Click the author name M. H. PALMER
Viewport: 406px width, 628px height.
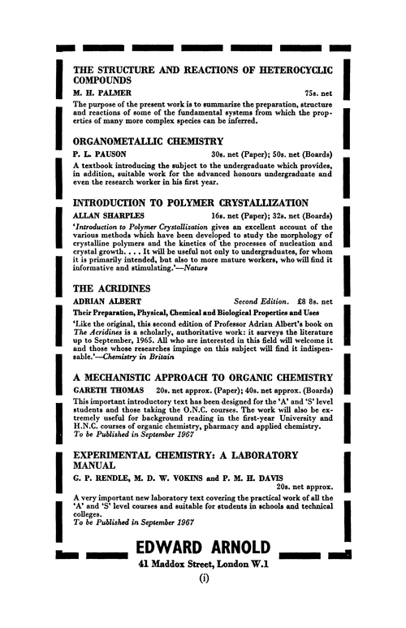(x=101, y=95)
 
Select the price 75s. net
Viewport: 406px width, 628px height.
(x=317, y=95)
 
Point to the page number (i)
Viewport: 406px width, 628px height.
(x=203, y=602)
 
